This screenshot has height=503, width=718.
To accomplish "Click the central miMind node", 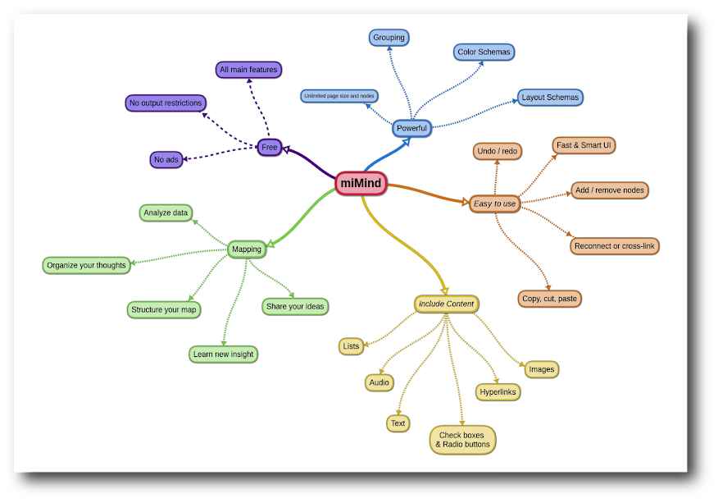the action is [x=361, y=184].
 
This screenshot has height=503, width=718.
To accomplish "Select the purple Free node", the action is [x=269, y=147].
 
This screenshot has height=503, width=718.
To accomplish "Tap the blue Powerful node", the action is [x=411, y=128].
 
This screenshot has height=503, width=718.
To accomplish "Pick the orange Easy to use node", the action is [x=494, y=203].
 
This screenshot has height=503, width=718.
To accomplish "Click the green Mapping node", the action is [x=247, y=249].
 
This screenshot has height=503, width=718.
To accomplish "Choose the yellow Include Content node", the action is [x=447, y=304].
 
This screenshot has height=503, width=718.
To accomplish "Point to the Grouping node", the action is [x=389, y=38].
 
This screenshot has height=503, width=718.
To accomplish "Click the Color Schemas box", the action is [x=484, y=53].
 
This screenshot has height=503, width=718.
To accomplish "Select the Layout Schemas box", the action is [x=550, y=98].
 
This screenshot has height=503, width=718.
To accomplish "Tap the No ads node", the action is [x=166, y=159].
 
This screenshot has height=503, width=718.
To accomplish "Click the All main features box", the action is [x=248, y=70].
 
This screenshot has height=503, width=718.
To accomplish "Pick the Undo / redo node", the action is [x=497, y=151].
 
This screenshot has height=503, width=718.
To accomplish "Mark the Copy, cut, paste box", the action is [x=549, y=299].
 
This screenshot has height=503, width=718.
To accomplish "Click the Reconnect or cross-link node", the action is [x=615, y=246].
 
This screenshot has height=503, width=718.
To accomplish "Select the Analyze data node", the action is [x=166, y=213].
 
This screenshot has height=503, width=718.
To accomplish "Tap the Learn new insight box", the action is [x=223, y=354].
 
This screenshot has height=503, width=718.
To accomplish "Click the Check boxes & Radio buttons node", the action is [x=462, y=440].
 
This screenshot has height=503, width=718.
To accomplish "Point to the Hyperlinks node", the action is [x=498, y=392].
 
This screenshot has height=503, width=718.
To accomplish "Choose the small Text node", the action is [x=398, y=423].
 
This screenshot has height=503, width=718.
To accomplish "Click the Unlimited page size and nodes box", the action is [x=339, y=96].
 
